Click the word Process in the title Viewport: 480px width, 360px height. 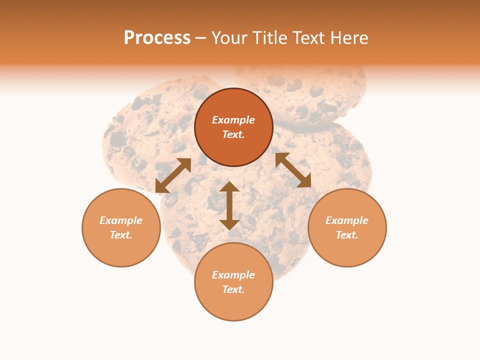157,38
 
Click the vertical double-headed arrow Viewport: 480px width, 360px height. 229,205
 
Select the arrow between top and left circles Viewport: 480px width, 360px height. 173,175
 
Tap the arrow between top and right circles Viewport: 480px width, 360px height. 293,170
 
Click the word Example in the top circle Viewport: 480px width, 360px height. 233,120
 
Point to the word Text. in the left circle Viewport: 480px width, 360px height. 121,235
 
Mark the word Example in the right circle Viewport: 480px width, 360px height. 347,220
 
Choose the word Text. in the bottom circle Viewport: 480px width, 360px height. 233,289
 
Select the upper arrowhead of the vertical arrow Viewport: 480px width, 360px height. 229,186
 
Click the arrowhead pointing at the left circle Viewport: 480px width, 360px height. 161,187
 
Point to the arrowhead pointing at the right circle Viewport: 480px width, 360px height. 304,181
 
